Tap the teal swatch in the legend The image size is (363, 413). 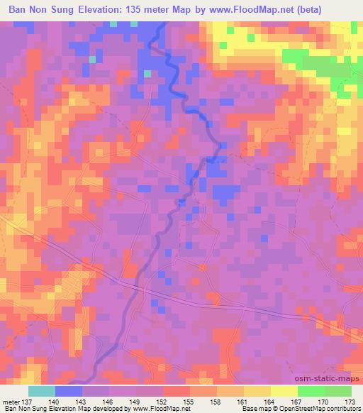(42, 391)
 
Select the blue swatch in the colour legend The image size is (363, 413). (69, 391)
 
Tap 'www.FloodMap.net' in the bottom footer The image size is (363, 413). (146, 409)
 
